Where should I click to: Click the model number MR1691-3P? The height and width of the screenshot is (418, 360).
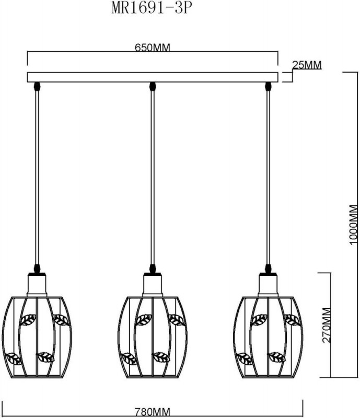pyautogui.click(x=152, y=8)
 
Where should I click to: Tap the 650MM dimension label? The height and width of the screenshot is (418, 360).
pyautogui.click(x=152, y=48)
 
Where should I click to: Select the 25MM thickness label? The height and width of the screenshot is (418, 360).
pyautogui.click(x=307, y=65)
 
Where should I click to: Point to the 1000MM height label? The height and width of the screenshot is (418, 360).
pyautogui.click(x=353, y=225)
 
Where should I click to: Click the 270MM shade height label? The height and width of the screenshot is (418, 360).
pyautogui.click(x=327, y=325)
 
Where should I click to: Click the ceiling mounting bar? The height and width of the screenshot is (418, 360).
pyautogui.click(x=153, y=77)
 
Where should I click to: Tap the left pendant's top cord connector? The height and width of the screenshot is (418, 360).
pyautogui.click(x=37, y=86)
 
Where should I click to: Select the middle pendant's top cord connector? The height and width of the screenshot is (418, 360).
pyautogui.click(x=152, y=86)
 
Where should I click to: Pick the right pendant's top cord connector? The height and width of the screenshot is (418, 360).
pyautogui.click(x=268, y=86)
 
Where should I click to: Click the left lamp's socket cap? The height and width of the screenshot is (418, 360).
pyautogui.click(x=37, y=284)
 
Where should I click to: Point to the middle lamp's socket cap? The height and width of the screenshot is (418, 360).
pyautogui.click(x=152, y=284)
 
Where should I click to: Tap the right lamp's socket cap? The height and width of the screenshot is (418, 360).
pyautogui.click(x=268, y=284)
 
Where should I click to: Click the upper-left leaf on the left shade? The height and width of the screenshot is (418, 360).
pyautogui.click(x=28, y=320)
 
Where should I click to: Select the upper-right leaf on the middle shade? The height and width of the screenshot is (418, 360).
pyautogui.click(x=177, y=320)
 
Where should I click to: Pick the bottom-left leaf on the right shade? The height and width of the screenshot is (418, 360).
pyautogui.click(x=245, y=359)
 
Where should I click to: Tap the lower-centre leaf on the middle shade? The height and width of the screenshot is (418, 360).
pyautogui.click(x=161, y=357)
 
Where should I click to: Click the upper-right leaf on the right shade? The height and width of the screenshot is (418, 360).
pyautogui.click(x=293, y=320)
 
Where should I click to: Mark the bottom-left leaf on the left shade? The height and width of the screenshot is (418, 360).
pyautogui.click(x=14, y=359)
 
